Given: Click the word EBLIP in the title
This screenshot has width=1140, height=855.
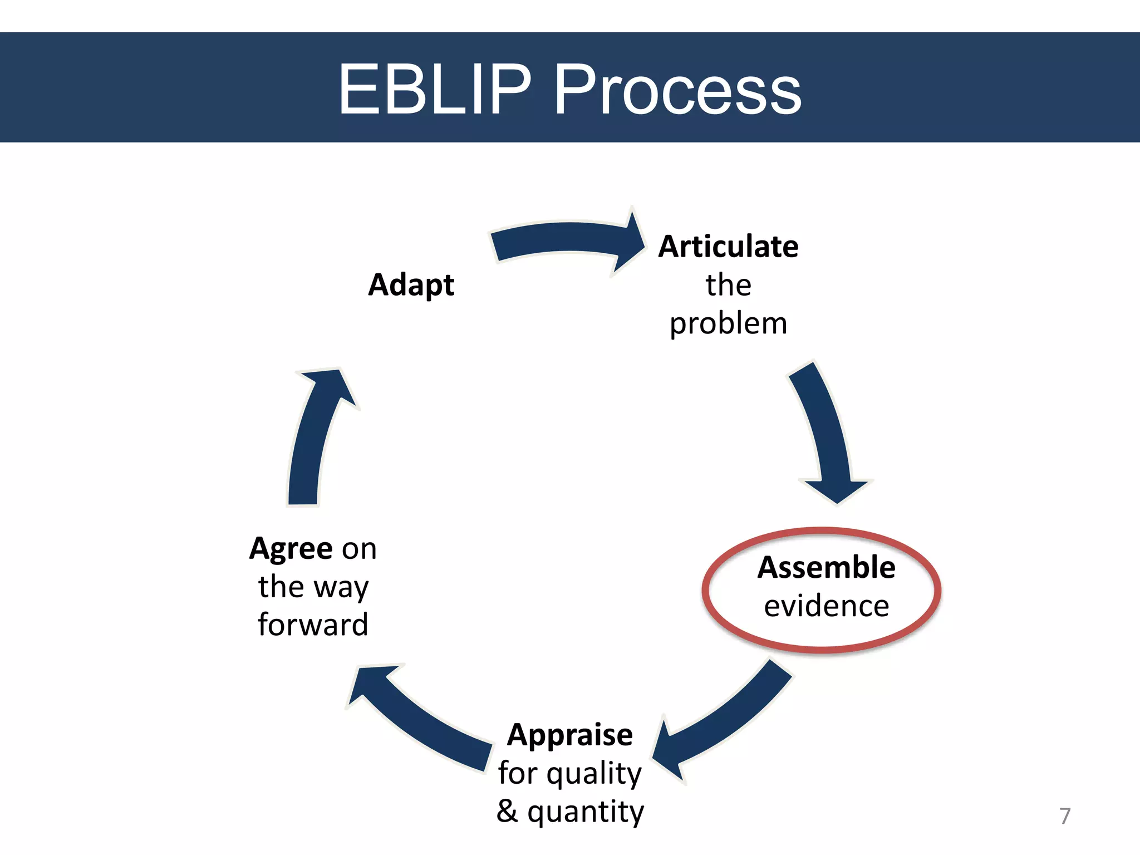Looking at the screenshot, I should coord(435,89).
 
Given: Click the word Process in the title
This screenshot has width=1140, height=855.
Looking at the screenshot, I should coord(677,89).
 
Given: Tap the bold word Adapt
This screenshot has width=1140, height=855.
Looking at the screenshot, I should coord(411,286).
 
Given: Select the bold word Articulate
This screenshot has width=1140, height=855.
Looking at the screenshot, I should coord(728,247).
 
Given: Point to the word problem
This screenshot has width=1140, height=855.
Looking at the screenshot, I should coord(728,325).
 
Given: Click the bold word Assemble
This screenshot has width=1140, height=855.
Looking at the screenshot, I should coord(826,568).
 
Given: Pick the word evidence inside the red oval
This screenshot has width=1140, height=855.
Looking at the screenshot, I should coord(826,606).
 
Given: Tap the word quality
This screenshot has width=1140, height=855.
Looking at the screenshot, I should coord(594,774).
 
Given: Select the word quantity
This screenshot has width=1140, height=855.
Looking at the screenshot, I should coord(586,812).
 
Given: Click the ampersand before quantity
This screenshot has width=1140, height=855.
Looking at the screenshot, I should coord(507,811).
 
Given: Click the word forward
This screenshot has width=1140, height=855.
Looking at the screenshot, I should coord(313,625).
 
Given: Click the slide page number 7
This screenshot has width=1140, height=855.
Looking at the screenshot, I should coord(1064,816).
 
